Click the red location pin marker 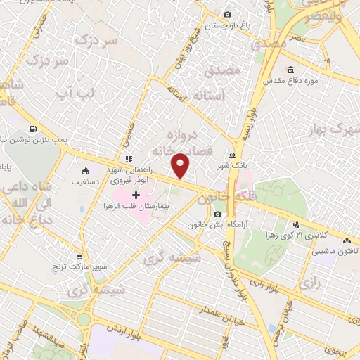tap(181, 165)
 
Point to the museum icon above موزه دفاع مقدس tap(290, 70)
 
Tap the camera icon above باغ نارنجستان tap(226, 15)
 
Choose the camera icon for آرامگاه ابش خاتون tap(217, 214)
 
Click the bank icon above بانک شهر tap(232, 155)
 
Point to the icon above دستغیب tap(86, 170)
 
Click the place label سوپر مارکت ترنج tap(79, 269)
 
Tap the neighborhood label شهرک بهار tap(335, 130)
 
